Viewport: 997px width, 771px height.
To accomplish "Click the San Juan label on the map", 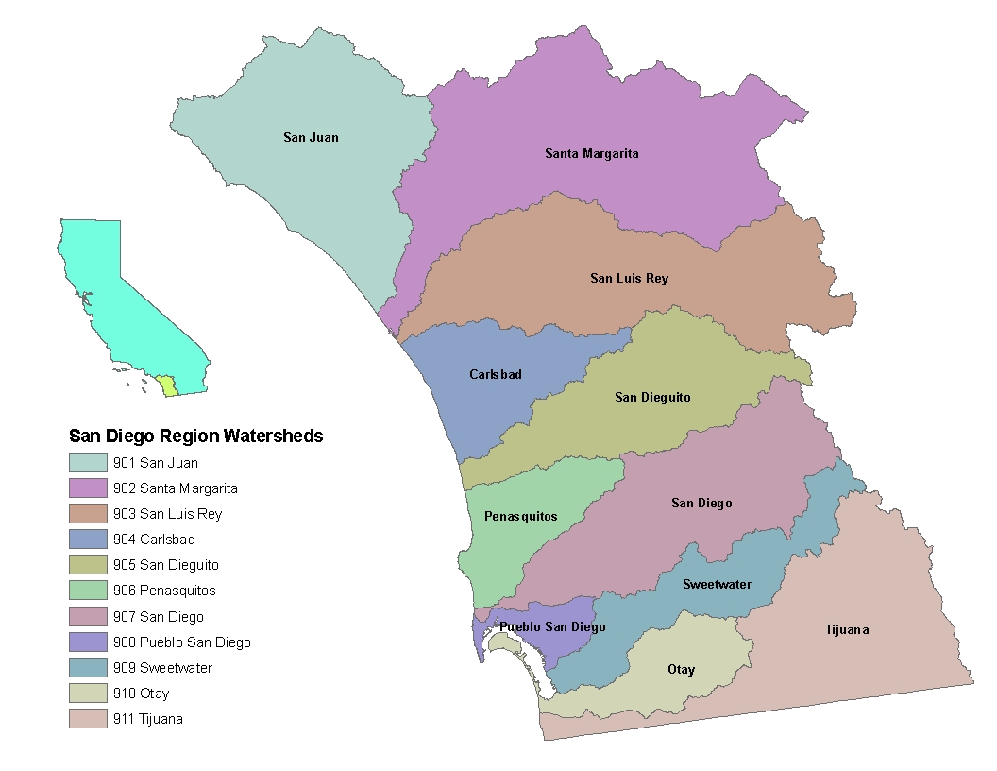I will (311, 138).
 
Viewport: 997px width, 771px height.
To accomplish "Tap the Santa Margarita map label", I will (592, 153).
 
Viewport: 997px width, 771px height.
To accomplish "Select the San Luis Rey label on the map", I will (629, 278).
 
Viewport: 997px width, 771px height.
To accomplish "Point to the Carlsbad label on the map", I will (496, 375).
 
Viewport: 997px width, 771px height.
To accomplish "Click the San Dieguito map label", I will (652, 398).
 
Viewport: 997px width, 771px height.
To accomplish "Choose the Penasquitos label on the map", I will (520, 517).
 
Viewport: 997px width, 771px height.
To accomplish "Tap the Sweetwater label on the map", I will (717, 584).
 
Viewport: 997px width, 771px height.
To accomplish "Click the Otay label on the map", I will (681, 670).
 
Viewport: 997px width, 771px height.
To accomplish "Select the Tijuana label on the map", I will (846, 629).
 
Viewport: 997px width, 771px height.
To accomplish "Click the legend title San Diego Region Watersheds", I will (196, 437).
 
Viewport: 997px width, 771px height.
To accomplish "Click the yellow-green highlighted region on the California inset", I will (167, 385).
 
